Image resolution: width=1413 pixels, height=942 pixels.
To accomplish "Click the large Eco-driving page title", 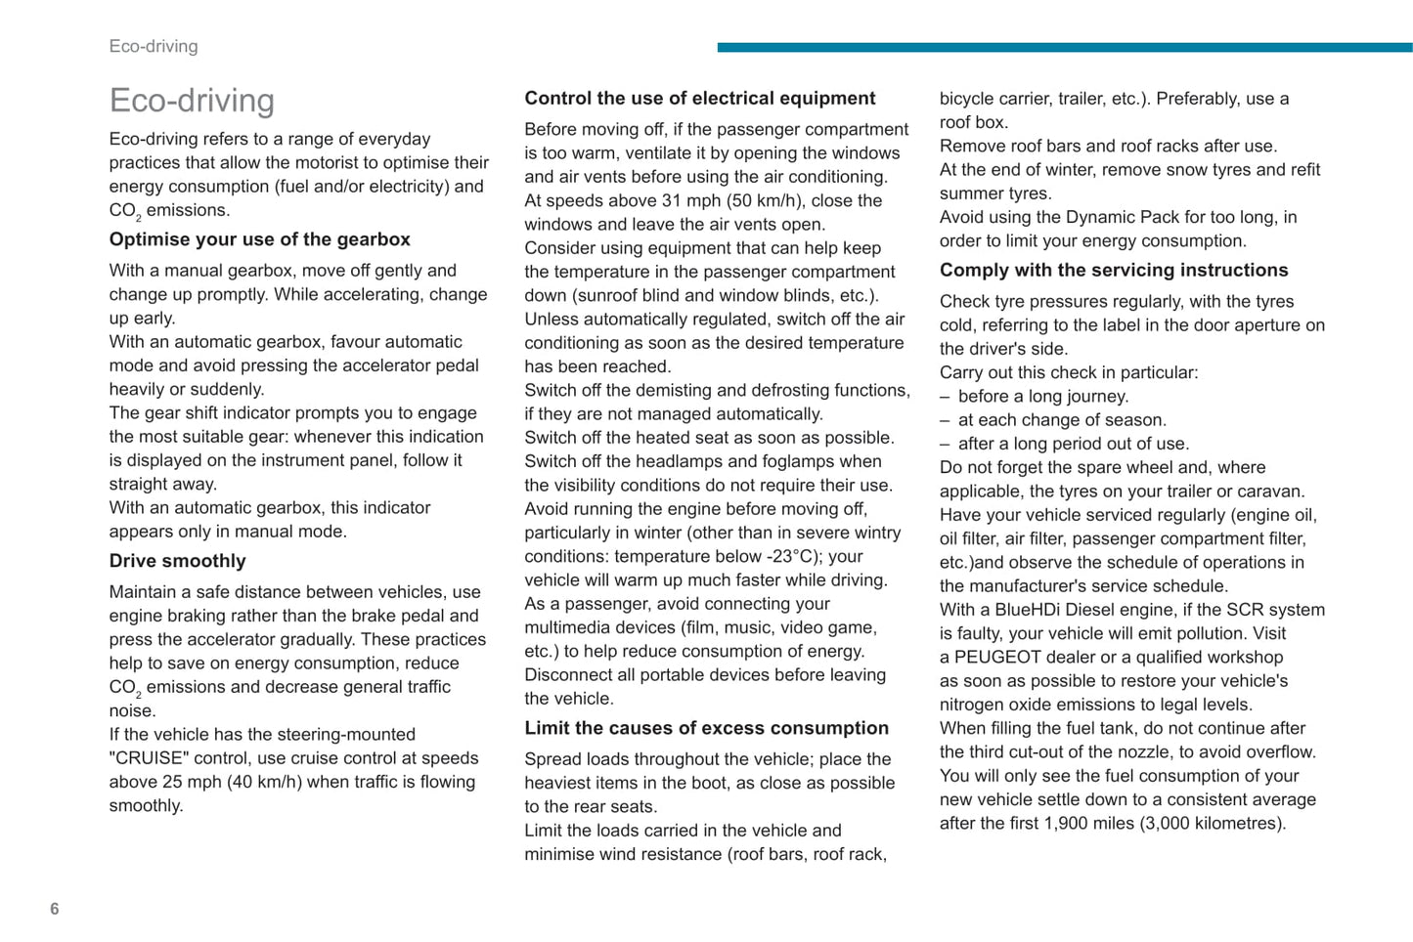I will coord(192,101).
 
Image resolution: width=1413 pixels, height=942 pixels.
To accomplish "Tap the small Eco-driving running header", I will coord(154,46).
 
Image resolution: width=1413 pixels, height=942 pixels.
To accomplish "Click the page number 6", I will coord(55,909).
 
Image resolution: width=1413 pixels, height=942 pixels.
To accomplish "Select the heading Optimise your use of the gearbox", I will coord(259,239).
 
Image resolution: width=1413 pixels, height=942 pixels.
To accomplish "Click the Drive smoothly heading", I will coord(177,561).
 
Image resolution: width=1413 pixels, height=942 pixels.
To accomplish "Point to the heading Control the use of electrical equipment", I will coord(699,98).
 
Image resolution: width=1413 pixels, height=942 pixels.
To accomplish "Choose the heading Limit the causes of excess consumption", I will coord(706,728).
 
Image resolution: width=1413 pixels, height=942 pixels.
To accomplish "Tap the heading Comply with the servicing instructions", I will coord(1114,270).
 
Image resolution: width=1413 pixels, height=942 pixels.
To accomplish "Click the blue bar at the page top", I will coord(1064,47).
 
